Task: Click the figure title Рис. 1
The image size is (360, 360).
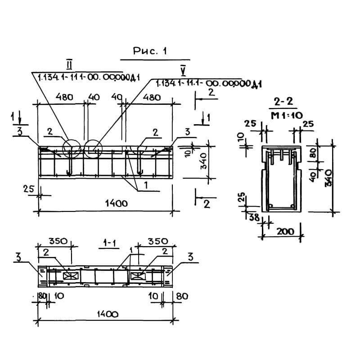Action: coord(150,52)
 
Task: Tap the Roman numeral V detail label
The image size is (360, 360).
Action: coord(182,71)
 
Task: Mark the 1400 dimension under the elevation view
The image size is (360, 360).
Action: coord(116,203)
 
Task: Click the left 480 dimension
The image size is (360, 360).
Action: coord(64,97)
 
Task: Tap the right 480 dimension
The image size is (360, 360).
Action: coord(151,97)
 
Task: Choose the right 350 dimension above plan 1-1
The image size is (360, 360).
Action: coord(158,241)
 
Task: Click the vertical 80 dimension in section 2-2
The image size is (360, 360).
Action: coord(315,153)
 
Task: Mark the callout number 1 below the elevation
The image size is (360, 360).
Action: coord(146,184)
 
